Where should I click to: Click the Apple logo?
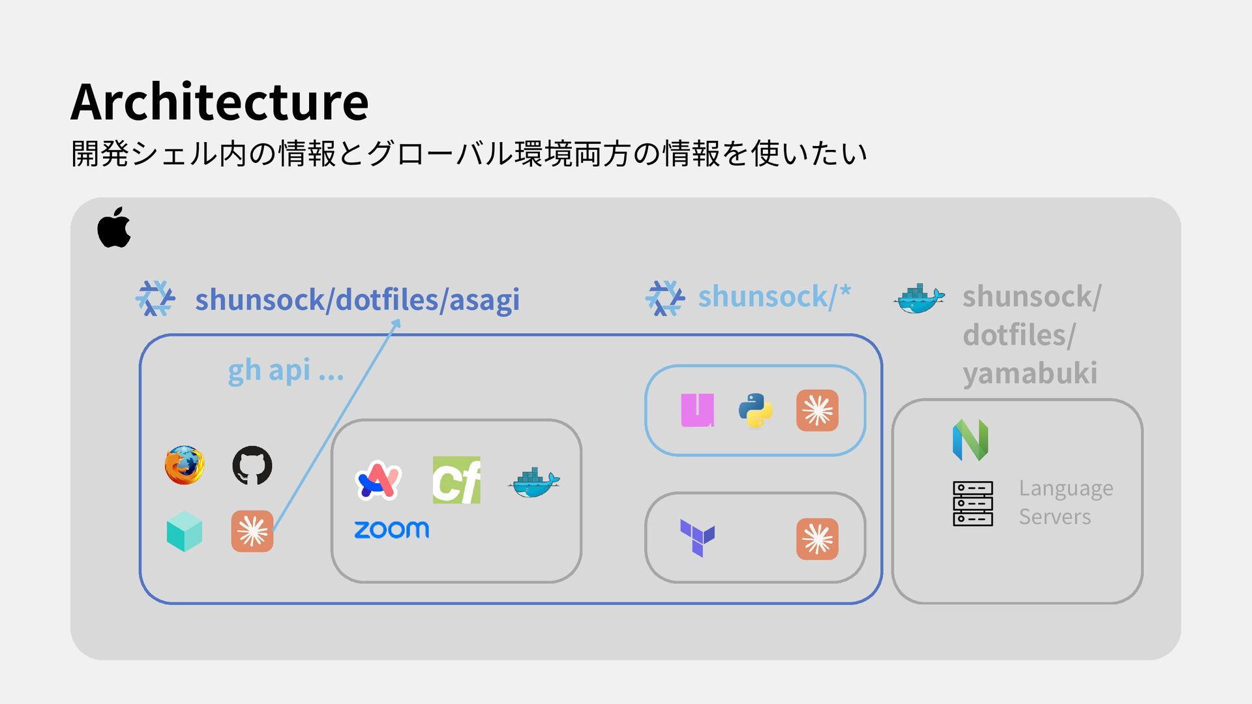(x=114, y=227)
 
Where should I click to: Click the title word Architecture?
(x=220, y=102)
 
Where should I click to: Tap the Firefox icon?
(x=185, y=465)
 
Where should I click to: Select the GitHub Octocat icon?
(x=252, y=465)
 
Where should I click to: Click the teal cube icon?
(x=185, y=531)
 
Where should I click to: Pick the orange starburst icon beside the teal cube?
(x=252, y=531)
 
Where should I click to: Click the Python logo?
(x=756, y=411)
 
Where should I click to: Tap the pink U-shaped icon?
(x=697, y=411)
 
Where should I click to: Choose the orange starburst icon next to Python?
(x=817, y=411)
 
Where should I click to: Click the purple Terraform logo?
(x=697, y=538)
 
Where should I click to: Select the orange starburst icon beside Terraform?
(x=817, y=539)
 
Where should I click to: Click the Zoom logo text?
(x=391, y=529)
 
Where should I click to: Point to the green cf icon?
(x=456, y=480)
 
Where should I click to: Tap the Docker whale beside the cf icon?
(x=533, y=482)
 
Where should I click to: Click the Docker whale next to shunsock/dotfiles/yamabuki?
(x=919, y=299)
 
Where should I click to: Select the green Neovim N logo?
(x=970, y=440)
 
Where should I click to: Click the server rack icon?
(x=973, y=503)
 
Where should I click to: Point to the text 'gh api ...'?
(x=286, y=370)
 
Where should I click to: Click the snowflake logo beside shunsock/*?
(x=664, y=299)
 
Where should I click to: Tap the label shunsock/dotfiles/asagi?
(x=357, y=300)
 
